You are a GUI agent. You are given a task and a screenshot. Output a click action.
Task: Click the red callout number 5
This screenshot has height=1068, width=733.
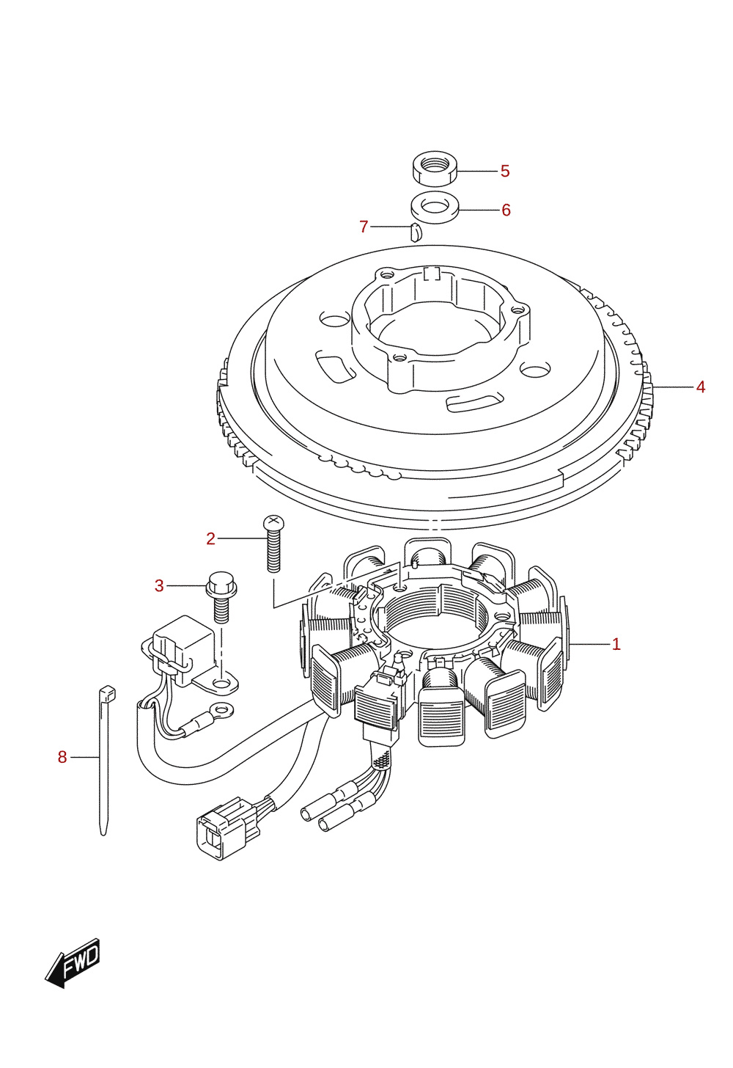click(x=505, y=171)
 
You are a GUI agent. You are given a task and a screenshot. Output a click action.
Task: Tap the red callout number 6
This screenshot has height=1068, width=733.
click(x=506, y=211)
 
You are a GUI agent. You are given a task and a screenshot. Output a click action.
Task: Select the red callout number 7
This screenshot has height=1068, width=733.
click(x=364, y=227)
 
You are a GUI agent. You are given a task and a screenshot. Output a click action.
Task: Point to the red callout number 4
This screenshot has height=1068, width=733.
click(x=700, y=387)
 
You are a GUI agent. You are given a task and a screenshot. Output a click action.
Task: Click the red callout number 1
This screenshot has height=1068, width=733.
click(x=616, y=645)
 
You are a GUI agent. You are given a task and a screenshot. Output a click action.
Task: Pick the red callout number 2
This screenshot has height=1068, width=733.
click(x=210, y=538)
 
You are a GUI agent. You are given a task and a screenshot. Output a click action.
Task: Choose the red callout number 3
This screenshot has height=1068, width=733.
click(x=159, y=586)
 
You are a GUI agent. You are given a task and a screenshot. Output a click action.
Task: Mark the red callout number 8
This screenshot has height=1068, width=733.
click(x=62, y=757)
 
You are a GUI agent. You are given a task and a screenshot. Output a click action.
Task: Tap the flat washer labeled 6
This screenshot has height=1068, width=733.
click(x=435, y=208)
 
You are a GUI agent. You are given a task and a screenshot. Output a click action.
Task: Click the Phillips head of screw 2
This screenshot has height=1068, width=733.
click(x=273, y=522)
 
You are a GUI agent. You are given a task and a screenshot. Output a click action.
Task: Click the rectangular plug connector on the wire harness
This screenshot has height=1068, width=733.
click(x=228, y=830)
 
